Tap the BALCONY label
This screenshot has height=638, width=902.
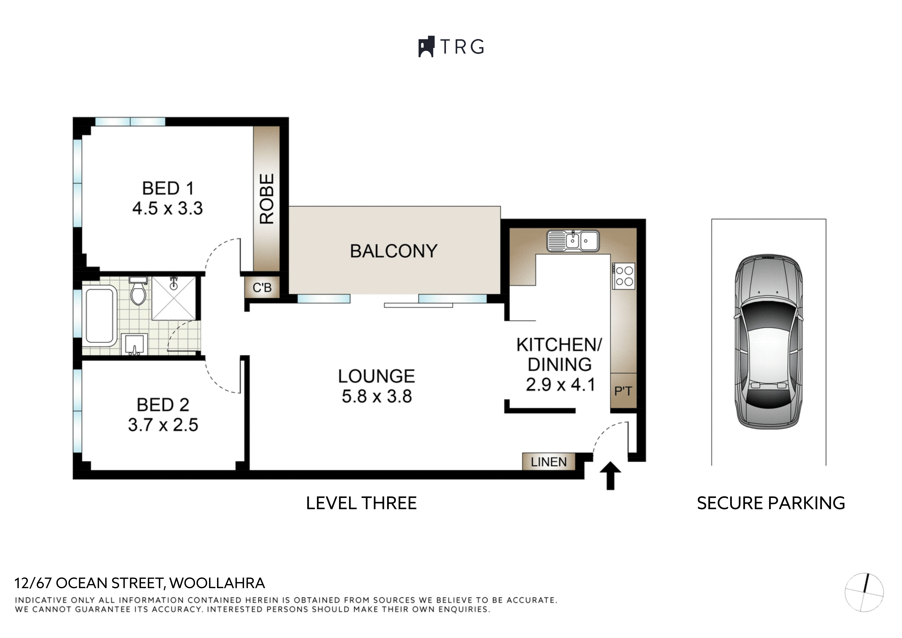(394, 251)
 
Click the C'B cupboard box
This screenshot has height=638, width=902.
(262, 287)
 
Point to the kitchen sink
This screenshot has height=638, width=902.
(573, 240)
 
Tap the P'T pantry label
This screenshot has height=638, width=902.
(623, 391)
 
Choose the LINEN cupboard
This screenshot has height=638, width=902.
(549, 462)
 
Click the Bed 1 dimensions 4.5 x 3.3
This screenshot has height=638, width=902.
(168, 208)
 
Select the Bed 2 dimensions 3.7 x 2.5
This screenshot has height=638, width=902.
(163, 425)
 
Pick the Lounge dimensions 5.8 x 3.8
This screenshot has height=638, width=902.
(377, 396)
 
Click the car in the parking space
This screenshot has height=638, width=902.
(769, 341)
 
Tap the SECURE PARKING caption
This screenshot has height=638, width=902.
(771, 503)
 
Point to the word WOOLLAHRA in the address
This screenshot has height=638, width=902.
(217, 583)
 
